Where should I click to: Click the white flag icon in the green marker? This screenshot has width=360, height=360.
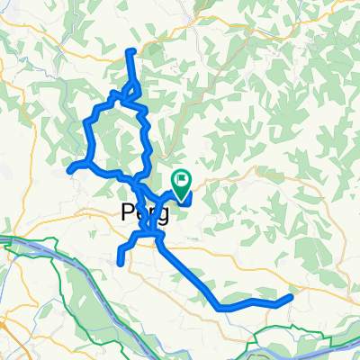181,179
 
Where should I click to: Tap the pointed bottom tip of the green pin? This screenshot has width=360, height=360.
181,194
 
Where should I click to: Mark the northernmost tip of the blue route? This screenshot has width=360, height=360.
132,50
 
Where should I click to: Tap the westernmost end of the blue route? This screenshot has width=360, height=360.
70,168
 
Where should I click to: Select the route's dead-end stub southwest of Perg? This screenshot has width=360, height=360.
120,262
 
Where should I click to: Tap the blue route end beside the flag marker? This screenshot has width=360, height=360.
188,200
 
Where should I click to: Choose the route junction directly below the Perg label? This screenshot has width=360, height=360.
144,236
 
